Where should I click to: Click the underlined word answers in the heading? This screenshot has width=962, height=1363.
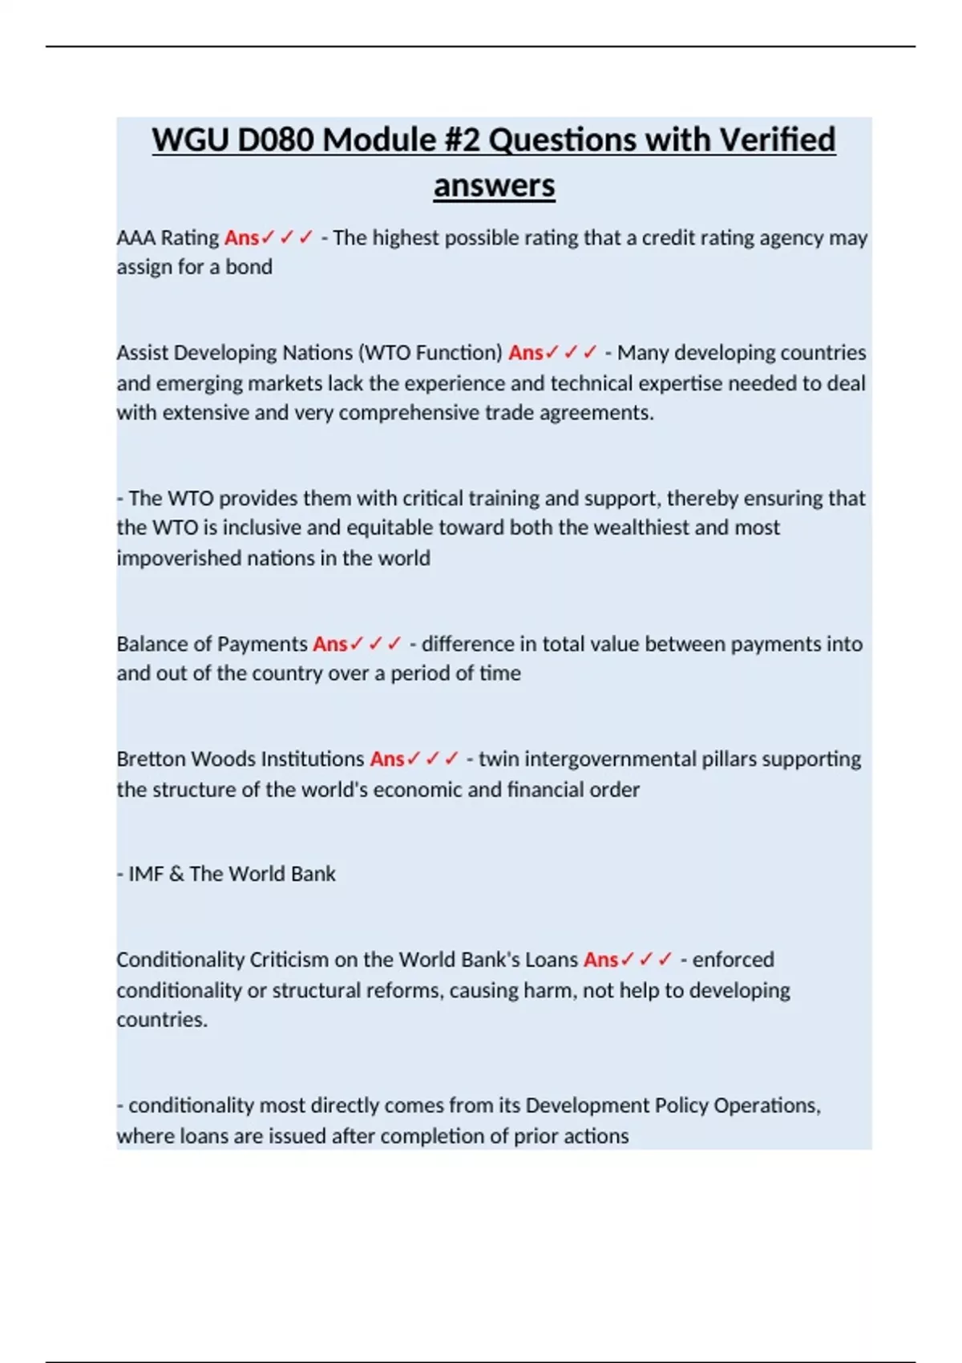tap(494, 186)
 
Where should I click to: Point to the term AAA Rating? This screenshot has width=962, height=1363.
tap(168, 238)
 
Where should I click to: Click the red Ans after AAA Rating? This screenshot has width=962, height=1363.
tap(241, 238)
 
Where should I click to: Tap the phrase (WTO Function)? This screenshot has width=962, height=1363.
tap(430, 353)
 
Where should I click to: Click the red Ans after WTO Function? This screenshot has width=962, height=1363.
tap(526, 353)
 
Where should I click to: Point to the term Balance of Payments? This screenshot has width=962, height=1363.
tap(212, 644)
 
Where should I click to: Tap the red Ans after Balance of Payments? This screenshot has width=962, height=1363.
tap(329, 644)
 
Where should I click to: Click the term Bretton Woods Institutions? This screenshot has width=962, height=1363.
tap(240, 759)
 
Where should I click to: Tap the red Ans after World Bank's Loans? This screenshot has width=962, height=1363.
tap(600, 960)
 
